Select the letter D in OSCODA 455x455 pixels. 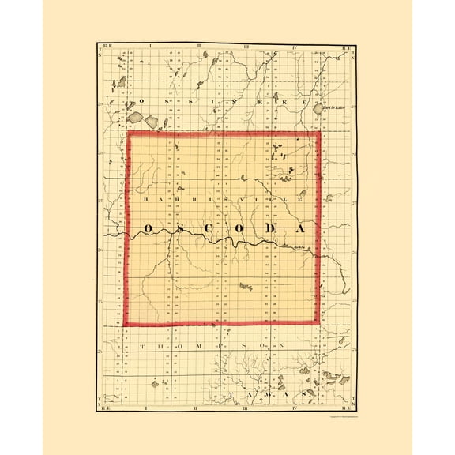point(269,229)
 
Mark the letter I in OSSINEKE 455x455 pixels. point(205,102)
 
